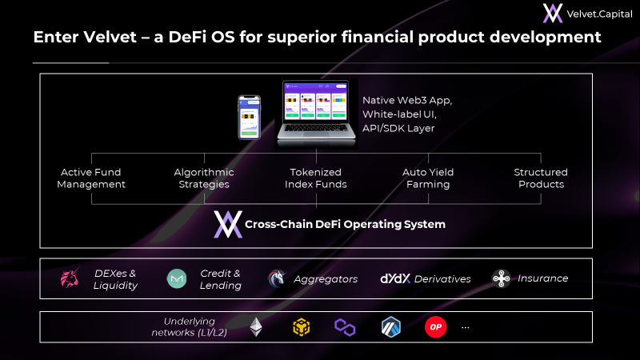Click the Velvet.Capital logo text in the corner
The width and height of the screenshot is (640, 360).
tap(599, 14)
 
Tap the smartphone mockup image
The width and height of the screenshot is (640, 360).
tap(249, 118)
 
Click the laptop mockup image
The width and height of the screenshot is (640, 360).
tap(316, 114)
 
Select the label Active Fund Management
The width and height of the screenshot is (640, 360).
tap(91, 178)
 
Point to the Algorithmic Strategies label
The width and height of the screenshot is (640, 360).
tap(204, 178)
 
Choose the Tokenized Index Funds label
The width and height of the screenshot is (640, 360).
tap(316, 178)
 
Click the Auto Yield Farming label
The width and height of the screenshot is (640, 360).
tap(428, 178)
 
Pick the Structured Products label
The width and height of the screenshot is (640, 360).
tap(541, 178)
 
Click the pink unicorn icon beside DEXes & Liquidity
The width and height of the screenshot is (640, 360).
tap(70, 278)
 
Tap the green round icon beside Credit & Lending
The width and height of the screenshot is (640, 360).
tap(177, 278)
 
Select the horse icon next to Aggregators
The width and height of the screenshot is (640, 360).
tap(277, 278)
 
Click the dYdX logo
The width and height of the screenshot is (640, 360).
tap(395, 278)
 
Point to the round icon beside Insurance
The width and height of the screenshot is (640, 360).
tap(502, 278)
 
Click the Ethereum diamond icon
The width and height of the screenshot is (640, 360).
tap(256, 327)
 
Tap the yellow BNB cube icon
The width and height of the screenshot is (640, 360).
tap(302, 327)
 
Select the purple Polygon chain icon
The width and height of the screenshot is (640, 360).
tap(345, 327)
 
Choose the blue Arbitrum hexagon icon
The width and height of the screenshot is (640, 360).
tap(391, 327)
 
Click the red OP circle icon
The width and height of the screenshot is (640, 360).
tap(435, 327)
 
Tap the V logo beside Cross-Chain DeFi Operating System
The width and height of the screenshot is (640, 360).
tap(228, 224)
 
